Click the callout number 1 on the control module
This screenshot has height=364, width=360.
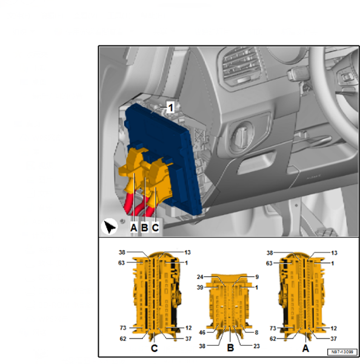[x=171, y=108]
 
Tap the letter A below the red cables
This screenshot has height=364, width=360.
[x=134, y=228]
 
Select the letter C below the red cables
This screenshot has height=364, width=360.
[x=155, y=228]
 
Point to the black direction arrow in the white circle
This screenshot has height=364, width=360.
[x=109, y=227]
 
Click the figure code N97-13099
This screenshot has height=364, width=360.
[x=342, y=352]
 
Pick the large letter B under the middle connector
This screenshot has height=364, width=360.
[x=230, y=348]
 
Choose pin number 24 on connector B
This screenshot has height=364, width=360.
[x=200, y=277]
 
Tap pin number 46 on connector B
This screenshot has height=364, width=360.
[x=202, y=333]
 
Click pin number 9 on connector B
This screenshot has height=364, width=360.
[x=257, y=277]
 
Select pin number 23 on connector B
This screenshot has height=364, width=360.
[x=256, y=346]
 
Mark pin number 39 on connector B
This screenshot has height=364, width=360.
[x=200, y=288]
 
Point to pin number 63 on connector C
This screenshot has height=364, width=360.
[x=121, y=263]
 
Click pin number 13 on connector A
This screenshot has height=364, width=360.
[x=334, y=253]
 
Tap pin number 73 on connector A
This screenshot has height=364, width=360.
[x=273, y=328]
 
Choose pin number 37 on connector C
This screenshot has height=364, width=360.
[x=188, y=339]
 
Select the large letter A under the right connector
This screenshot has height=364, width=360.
[x=305, y=348]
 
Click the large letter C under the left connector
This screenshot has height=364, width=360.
[x=155, y=348]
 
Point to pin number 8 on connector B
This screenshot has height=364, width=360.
[x=256, y=333]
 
